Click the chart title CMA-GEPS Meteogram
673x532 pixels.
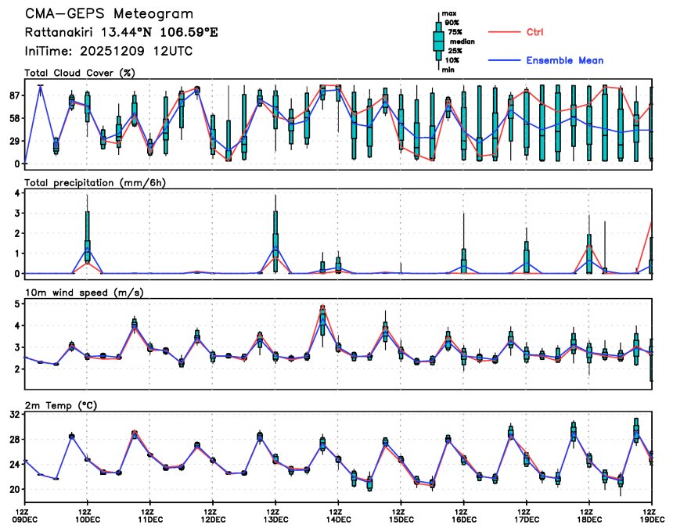coord(109,14)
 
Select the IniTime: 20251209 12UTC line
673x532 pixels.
coord(109,51)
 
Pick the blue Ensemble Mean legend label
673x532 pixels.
coord(564,60)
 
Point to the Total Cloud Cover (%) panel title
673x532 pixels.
coord(79,74)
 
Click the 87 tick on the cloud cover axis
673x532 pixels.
coord(14,95)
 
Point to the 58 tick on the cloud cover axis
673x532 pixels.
coord(14,118)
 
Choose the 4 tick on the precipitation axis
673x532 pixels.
coord(16,192)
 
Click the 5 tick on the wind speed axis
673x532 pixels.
coord(16,304)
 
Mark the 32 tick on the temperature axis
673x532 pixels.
coord(14,415)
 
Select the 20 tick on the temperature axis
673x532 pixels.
coord(14,489)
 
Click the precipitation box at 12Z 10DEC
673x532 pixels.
coord(88,235)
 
